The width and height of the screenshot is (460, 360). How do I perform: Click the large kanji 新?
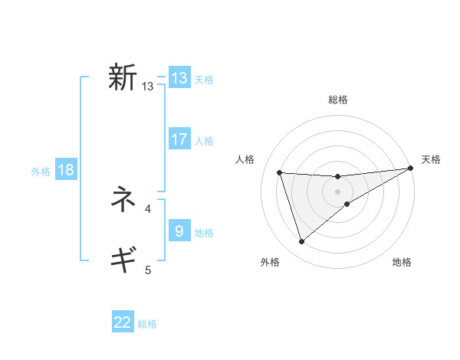[122, 77]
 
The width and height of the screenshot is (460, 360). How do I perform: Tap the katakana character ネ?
[122, 201]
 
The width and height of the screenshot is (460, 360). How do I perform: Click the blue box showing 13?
[179, 78]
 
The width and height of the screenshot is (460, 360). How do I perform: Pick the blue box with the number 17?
[179, 139]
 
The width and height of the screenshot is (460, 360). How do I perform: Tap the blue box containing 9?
[179, 231]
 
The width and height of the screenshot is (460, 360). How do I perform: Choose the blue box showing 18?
[66, 170]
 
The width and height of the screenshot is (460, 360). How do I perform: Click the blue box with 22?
[123, 322]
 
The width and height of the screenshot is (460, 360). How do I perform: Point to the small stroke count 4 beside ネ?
[148, 208]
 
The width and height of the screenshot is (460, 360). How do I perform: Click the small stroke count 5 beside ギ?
[148, 269]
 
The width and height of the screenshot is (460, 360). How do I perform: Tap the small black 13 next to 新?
[148, 87]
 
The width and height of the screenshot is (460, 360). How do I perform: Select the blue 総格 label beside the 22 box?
[147, 324]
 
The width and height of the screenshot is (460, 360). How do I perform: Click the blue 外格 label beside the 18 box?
[41, 172]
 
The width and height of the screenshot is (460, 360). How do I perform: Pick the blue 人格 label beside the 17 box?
[204, 141]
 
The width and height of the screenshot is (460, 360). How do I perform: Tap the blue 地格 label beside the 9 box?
[204, 233]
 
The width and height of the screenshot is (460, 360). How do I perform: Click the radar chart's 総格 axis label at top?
[337, 100]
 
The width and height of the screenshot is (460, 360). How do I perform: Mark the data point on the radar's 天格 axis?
[410, 168]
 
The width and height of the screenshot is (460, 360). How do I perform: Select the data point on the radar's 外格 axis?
[301, 242]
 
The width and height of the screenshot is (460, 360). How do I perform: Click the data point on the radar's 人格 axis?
[280, 172]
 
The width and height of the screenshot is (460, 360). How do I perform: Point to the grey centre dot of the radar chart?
[337, 191]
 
